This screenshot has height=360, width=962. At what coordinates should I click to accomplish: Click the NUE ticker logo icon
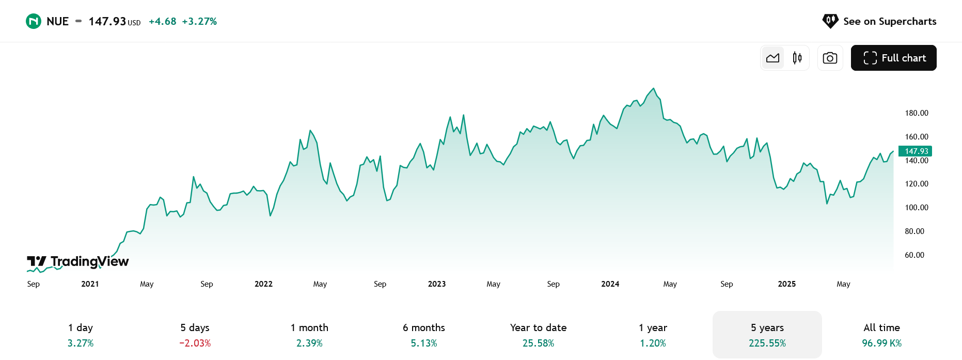click(x=34, y=21)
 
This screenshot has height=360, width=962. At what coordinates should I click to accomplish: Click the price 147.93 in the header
click(x=107, y=21)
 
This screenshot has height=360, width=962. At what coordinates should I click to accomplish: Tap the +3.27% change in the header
click(x=199, y=21)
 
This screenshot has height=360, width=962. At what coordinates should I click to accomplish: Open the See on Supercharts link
click(x=879, y=21)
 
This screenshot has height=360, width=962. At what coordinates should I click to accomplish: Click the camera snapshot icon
click(x=830, y=58)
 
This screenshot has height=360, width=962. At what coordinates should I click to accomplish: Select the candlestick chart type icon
click(x=797, y=58)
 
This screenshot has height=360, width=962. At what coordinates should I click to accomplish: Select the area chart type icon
click(x=773, y=58)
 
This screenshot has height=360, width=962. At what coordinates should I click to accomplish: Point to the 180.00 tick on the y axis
click(x=917, y=113)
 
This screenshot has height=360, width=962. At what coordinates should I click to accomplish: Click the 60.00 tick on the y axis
click(x=914, y=255)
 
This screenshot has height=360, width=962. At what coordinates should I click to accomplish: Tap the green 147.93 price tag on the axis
click(x=916, y=151)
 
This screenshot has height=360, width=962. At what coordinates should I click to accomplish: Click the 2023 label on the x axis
click(x=437, y=284)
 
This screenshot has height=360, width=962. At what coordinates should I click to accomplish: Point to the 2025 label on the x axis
click(x=787, y=284)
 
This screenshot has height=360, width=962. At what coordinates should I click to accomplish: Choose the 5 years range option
click(x=767, y=335)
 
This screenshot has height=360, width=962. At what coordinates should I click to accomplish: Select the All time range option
click(x=882, y=335)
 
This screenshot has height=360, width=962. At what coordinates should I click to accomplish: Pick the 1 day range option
click(x=81, y=335)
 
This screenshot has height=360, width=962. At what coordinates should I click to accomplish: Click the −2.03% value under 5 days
click(x=195, y=343)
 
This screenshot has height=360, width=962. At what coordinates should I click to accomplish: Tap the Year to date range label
click(x=539, y=327)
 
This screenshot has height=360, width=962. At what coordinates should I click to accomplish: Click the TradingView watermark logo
click(x=78, y=262)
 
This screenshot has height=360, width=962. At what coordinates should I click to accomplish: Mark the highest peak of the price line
click(x=654, y=88)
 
